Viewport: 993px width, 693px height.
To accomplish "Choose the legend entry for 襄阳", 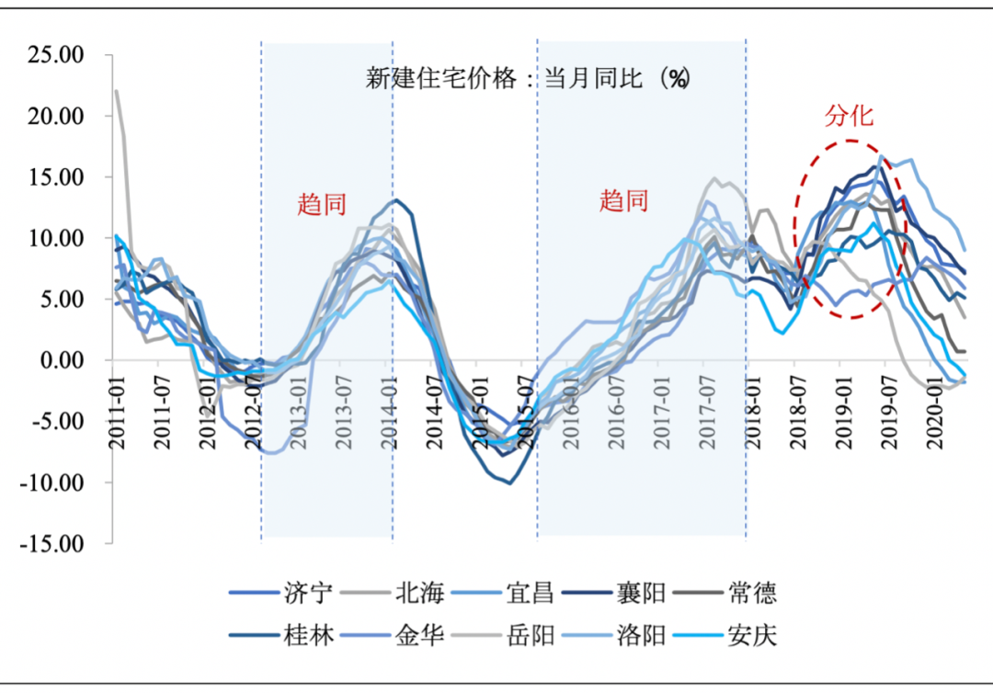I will click(x=642, y=593).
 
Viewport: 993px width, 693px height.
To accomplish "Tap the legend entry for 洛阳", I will click(x=642, y=635).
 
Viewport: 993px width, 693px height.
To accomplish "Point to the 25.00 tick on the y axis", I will click(x=57, y=55).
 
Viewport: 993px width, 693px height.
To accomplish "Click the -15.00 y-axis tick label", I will click(x=53, y=543).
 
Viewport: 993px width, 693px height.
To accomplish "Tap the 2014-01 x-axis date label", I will click(x=393, y=418).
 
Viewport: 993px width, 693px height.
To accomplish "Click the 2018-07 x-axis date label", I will click(x=796, y=418).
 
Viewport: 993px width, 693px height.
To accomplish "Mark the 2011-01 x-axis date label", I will click(x=118, y=418).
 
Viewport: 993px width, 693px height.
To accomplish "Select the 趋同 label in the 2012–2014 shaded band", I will click(x=322, y=203).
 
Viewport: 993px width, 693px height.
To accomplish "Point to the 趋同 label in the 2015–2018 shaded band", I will click(x=624, y=200).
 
